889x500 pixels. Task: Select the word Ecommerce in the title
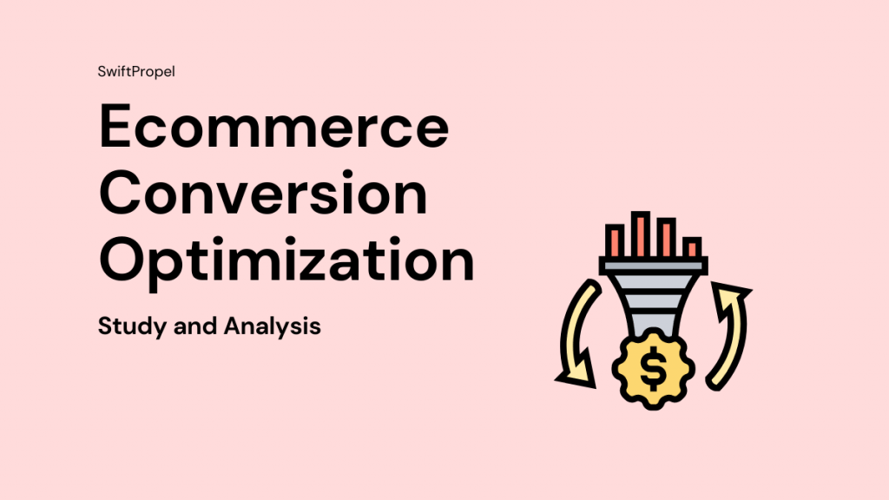point(273,128)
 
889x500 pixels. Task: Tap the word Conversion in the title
point(263,194)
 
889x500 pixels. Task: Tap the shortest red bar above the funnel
point(692,247)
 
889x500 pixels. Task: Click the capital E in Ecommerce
point(121,128)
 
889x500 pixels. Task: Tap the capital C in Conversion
point(125,194)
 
